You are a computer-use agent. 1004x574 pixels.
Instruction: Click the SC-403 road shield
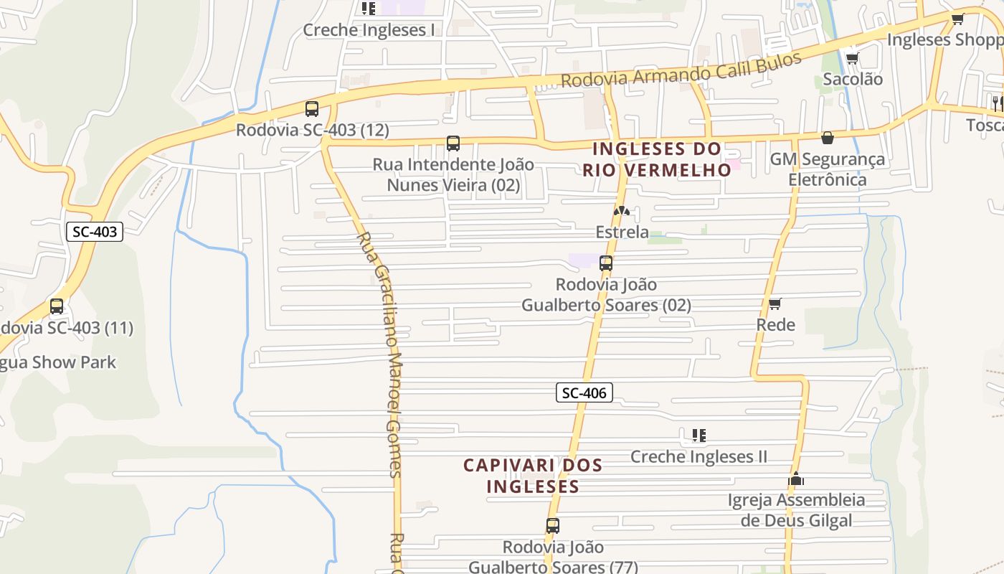tap(95, 232)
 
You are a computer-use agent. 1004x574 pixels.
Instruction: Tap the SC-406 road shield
tap(584, 392)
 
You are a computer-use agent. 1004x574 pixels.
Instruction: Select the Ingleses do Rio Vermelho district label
tap(656, 159)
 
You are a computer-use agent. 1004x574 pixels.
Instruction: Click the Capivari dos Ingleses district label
tap(533, 475)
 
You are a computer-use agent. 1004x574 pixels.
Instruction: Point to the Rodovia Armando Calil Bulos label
tap(681, 70)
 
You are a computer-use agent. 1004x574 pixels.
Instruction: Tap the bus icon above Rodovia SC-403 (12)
tap(312, 109)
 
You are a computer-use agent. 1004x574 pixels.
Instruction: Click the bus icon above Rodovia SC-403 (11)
tap(57, 306)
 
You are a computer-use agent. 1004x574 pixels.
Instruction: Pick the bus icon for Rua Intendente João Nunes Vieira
tap(453, 143)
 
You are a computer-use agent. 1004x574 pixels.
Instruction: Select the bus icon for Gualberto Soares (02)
tap(606, 263)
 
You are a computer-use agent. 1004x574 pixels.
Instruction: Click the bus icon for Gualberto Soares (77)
tap(552, 526)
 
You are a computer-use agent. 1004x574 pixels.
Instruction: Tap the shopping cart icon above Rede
tap(775, 304)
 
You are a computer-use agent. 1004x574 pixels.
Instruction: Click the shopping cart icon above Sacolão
tap(852, 58)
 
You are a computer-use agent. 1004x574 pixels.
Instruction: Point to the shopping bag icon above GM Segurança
tap(828, 138)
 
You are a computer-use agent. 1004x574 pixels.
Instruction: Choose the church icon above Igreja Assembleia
tap(796, 479)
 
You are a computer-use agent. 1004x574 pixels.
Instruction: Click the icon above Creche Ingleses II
tap(699, 435)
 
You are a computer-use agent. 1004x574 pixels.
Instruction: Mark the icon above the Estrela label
tap(622, 212)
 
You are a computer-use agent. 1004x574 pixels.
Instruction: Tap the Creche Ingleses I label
tap(369, 30)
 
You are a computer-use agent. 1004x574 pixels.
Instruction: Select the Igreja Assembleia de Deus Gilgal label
tap(796, 510)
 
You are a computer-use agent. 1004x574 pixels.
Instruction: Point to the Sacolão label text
tap(853, 79)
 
